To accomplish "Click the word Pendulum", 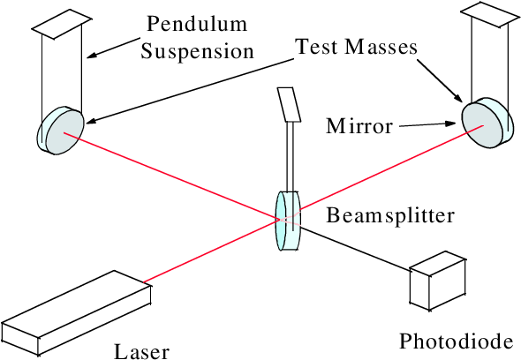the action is (x=197, y=24).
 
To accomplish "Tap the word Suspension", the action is (x=198, y=52).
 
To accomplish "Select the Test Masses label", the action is (x=356, y=47).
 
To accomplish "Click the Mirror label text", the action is (x=359, y=126).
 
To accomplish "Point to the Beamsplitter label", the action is (x=390, y=215).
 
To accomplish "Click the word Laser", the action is (x=141, y=352).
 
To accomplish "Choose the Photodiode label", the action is (x=457, y=341).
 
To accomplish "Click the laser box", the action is (x=76, y=313).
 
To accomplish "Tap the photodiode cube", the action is (x=437, y=281).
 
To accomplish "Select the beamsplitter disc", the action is (x=288, y=221).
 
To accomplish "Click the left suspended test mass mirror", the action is (x=60, y=131).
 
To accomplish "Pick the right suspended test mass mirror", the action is (x=485, y=121).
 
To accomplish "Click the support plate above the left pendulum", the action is (x=62, y=24).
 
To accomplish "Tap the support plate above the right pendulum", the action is (x=489, y=14).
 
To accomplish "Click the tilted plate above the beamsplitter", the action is (x=289, y=105).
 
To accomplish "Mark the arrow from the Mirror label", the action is (x=427, y=125).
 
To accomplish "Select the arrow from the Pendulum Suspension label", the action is (x=113, y=49).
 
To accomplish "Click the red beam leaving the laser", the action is (x=212, y=251).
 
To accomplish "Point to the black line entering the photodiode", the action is (x=355, y=247).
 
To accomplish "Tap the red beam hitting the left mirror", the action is (x=171, y=176).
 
